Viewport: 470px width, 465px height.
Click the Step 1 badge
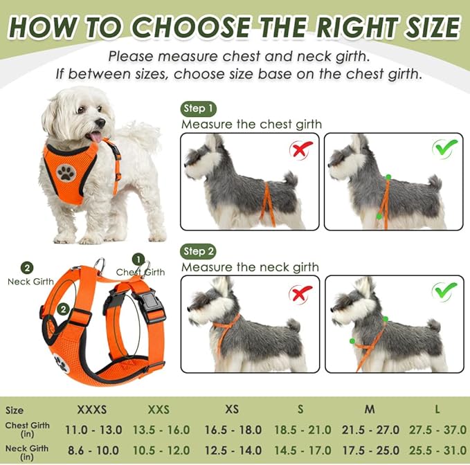[x=199, y=109]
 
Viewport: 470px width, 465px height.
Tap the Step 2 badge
[x=199, y=251]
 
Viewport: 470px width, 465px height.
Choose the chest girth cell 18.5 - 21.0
[x=303, y=430]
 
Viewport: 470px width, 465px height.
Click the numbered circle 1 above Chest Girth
[x=138, y=259]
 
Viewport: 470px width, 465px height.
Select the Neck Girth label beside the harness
[x=30, y=282]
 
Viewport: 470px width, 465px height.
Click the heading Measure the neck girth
[x=250, y=267]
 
